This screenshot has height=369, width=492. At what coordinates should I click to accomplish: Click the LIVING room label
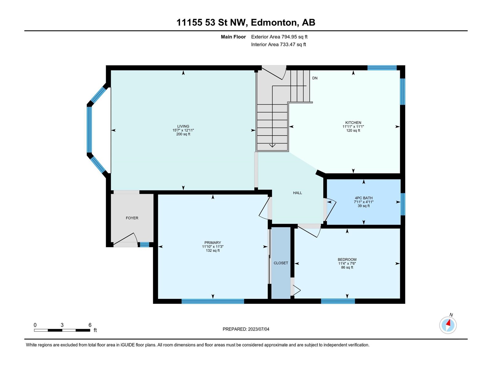(x=183, y=126)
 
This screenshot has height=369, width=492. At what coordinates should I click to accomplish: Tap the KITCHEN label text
(x=353, y=123)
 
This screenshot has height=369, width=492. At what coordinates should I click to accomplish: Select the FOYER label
(x=132, y=218)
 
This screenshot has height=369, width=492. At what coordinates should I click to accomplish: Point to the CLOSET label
(x=281, y=263)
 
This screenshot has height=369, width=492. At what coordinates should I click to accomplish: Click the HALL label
(x=297, y=193)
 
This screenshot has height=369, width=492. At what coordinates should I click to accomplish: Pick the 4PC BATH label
(x=363, y=198)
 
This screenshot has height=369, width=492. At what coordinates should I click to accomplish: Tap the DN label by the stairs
(x=315, y=78)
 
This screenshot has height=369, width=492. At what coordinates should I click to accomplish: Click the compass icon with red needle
(x=448, y=325)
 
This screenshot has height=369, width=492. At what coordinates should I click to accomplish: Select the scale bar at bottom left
(x=62, y=330)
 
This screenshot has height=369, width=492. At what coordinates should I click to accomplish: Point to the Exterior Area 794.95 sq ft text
(x=279, y=37)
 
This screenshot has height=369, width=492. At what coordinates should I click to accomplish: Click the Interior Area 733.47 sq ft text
(x=278, y=45)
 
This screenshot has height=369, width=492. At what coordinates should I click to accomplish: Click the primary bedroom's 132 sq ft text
(x=213, y=251)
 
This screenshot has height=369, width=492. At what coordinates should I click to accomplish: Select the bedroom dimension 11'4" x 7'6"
(x=347, y=264)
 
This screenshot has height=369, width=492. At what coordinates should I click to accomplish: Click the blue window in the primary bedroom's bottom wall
(x=213, y=301)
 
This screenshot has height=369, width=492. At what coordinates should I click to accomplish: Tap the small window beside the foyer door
(x=145, y=245)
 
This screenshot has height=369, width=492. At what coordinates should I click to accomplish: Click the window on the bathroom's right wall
(x=403, y=204)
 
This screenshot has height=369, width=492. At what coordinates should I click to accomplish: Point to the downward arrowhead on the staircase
(x=272, y=146)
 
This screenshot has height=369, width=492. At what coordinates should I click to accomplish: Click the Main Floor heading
(x=233, y=37)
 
